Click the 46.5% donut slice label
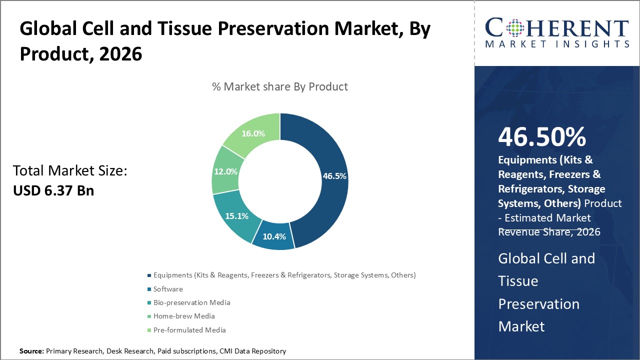click(334, 176)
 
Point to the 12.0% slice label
click(225, 171)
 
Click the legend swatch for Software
click(149, 289)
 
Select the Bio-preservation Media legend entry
click(191, 302)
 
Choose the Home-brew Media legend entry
click(183, 316)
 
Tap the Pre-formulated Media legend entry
click(189, 330)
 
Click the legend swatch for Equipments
click(149, 275)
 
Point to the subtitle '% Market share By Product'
click(280, 86)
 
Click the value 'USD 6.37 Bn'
click(53, 190)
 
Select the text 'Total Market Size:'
click(70, 171)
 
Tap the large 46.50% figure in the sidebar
click(541, 137)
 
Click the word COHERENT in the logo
click(556, 27)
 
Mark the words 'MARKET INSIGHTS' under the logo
click(556, 44)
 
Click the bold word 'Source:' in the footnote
click(31, 351)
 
